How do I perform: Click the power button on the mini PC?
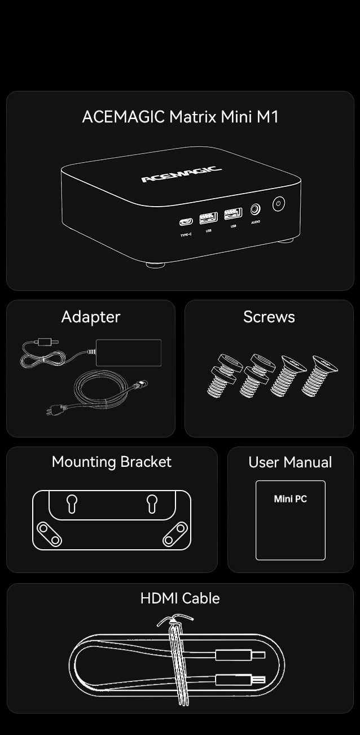pyautogui.click(x=278, y=204)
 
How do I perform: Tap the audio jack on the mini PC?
pyautogui.click(x=256, y=209)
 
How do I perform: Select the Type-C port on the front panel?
pyautogui.click(x=186, y=222)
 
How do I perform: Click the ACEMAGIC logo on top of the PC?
pyautogui.click(x=181, y=174)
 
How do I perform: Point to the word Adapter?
pyautogui.click(x=91, y=317)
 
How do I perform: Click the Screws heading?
pyautogui.click(x=269, y=317)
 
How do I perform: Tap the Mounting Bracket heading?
pyautogui.click(x=112, y=462)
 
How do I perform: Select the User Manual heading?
pyautogui.click(x=290, y=462)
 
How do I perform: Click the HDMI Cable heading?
pyautogui.click(x=180, y=598)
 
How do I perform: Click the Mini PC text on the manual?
pyautogui.click(x=291, y=499)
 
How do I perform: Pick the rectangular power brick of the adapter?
pyautogui.click(x=129, y=352)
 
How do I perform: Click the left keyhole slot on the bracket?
pyautogui.click(x=72, y=504)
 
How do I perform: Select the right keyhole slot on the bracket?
pyautogui.click(x=152, y=504)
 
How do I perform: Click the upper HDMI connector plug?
pyautogui.click(x=240, y=655)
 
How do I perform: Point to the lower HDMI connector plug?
pyautogui.click(x=240, y=680)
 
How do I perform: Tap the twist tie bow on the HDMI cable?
pyautogui.click(x=175, y=620)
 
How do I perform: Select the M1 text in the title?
pyautogui.click(x=267, y=117)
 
